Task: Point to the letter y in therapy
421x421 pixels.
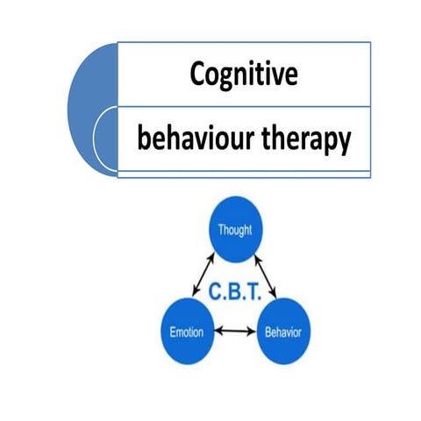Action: [345, 143]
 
